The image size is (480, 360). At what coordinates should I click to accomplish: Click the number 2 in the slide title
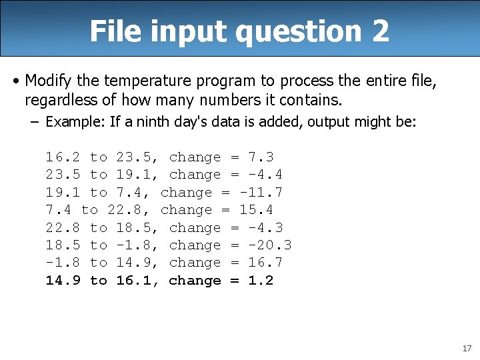pos(380,31)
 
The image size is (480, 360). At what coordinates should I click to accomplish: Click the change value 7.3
pos(261,157)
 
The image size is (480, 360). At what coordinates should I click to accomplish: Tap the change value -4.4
pos(265,175)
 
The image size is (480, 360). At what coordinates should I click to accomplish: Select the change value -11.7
pos(261,193)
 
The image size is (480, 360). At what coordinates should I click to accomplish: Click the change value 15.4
pos(256,210)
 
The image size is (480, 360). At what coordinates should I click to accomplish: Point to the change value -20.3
pos(269,245)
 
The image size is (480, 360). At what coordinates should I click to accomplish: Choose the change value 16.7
pos(265,263)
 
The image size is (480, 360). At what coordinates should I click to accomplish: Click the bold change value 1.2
pos(261,281)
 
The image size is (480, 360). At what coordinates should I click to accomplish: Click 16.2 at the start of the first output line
pos(63,157)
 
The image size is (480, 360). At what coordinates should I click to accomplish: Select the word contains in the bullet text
pos(315,100)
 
